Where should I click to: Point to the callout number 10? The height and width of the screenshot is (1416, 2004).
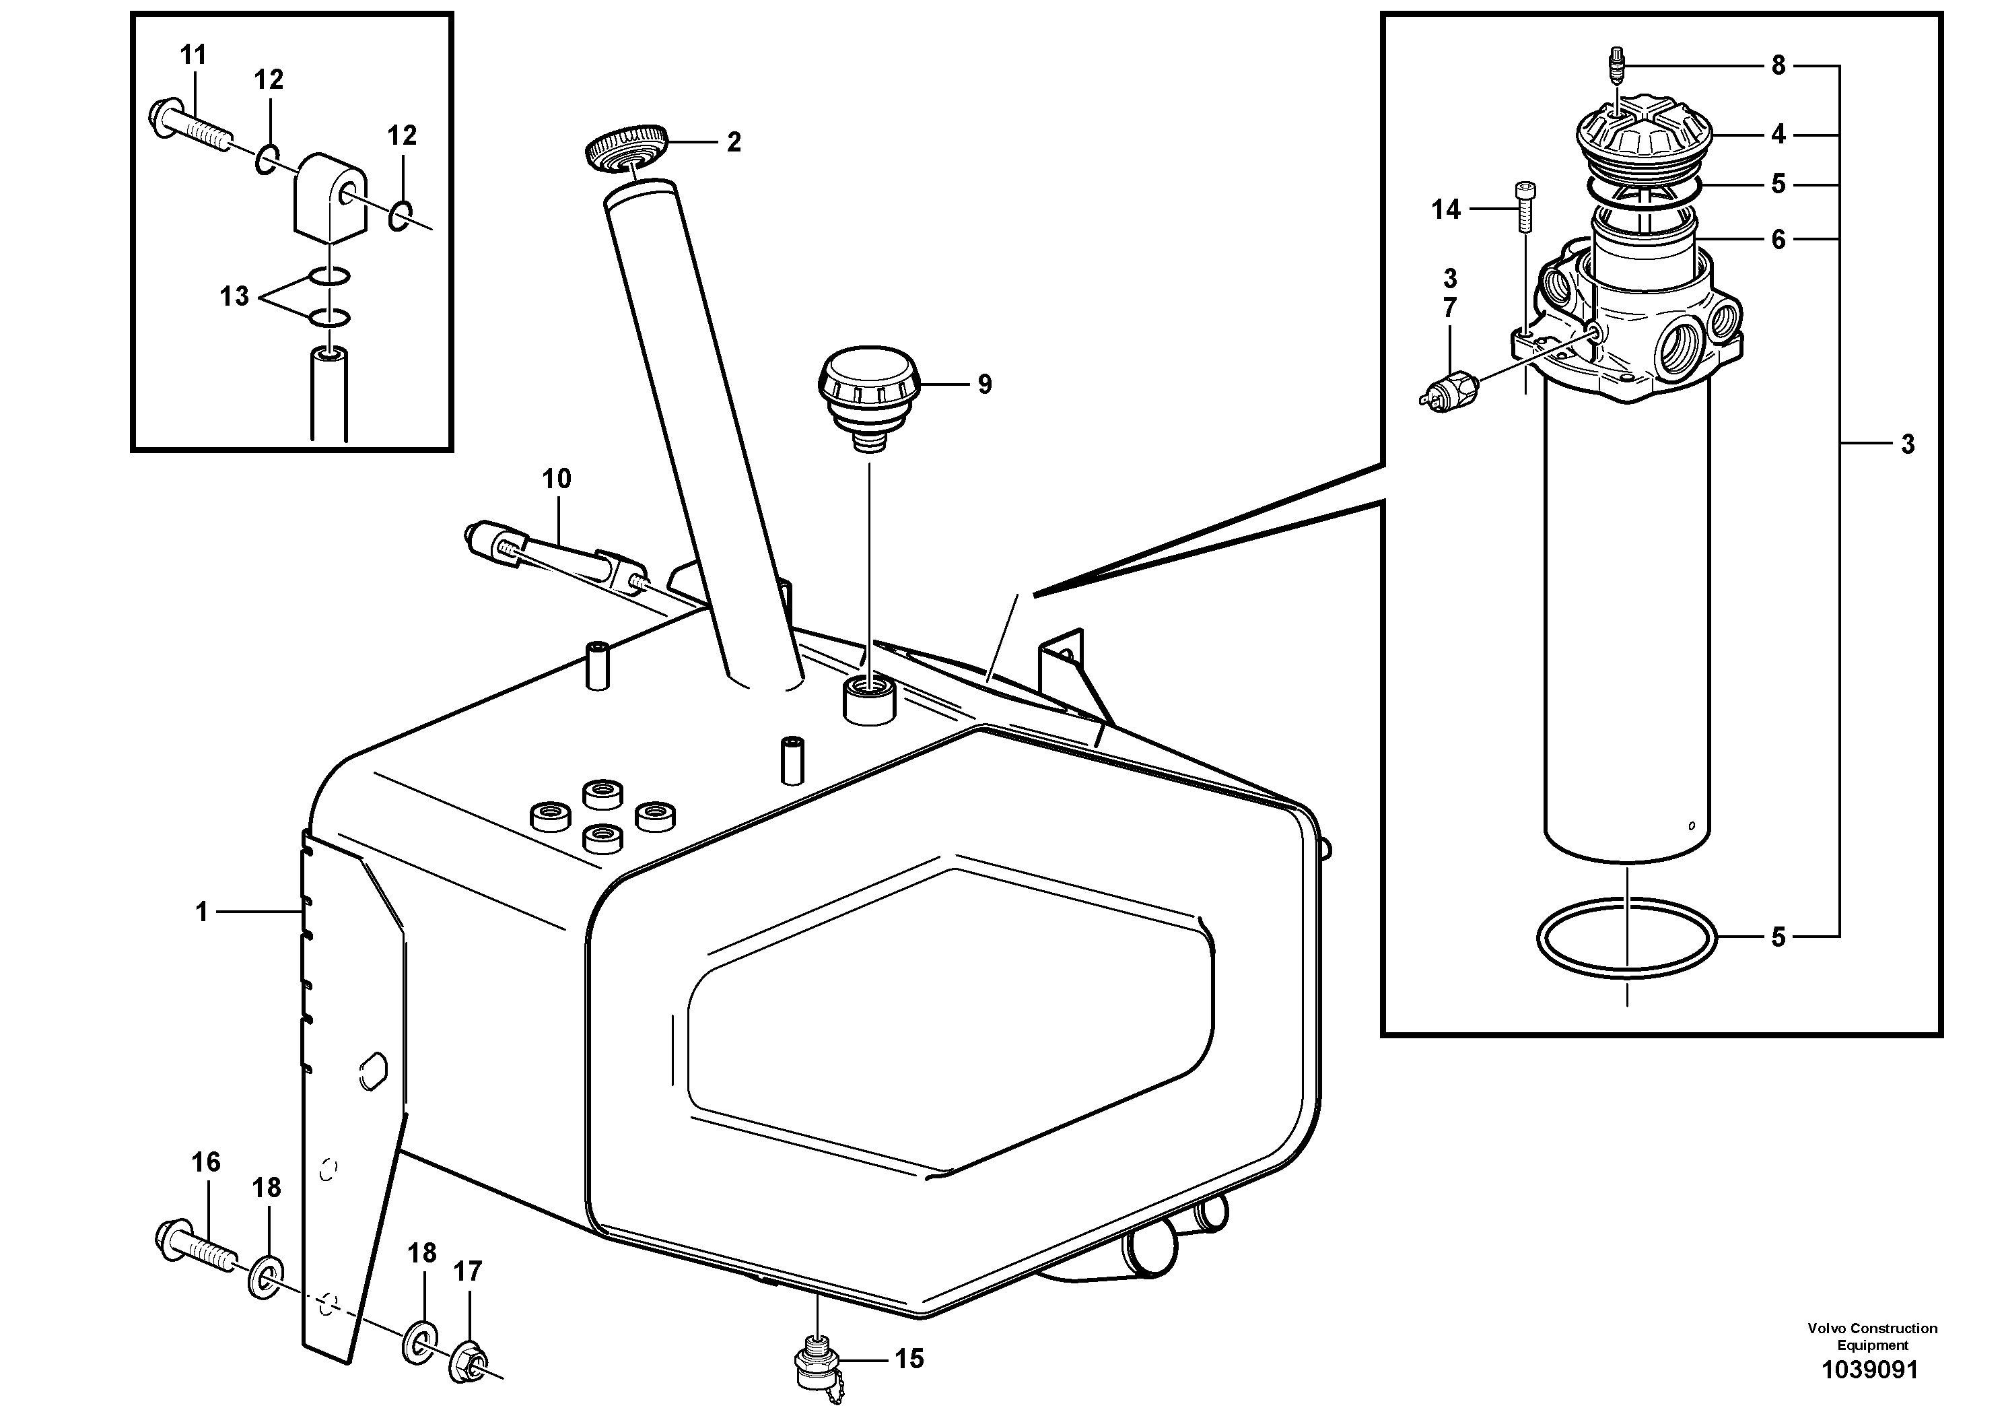coord(556,479)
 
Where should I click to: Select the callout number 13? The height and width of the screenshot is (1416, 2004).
coord(234,297)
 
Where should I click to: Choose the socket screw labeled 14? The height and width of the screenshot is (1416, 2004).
coord(1524,206)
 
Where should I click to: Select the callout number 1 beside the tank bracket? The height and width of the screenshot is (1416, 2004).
coord(202,912)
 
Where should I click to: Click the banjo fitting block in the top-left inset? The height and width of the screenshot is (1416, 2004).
coord(330,197)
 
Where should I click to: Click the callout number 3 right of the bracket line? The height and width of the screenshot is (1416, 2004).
coord(1907,444)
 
